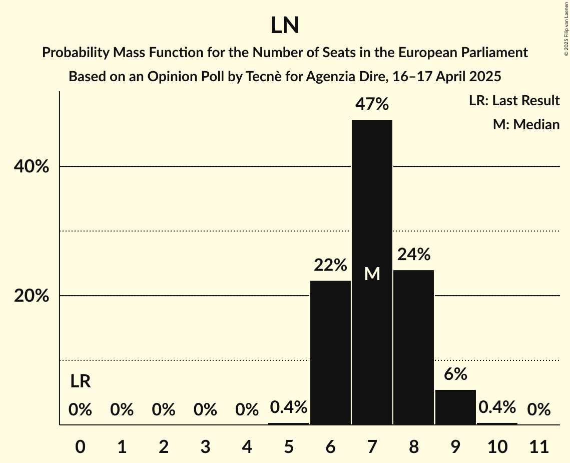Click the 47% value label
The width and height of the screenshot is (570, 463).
[x=372, y=104]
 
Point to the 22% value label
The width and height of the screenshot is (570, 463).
[x=330, y=265]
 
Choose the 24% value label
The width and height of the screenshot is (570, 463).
[x=413, y=255]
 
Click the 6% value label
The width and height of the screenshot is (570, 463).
[x=455, y=374]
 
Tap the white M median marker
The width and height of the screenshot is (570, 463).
[x=372, y=274]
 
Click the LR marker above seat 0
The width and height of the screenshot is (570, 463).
[x=80, y=382]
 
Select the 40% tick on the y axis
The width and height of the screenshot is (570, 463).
[x=32, y=167]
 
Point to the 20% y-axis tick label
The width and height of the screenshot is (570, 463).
[x=32, y=296]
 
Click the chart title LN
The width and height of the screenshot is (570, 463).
[x=285, y=26]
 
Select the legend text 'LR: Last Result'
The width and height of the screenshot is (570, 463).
[x=514, y=101]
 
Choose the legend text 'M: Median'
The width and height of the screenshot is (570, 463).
[x=526, y=124]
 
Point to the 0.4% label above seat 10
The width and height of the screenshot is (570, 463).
[x=497, y=407]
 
